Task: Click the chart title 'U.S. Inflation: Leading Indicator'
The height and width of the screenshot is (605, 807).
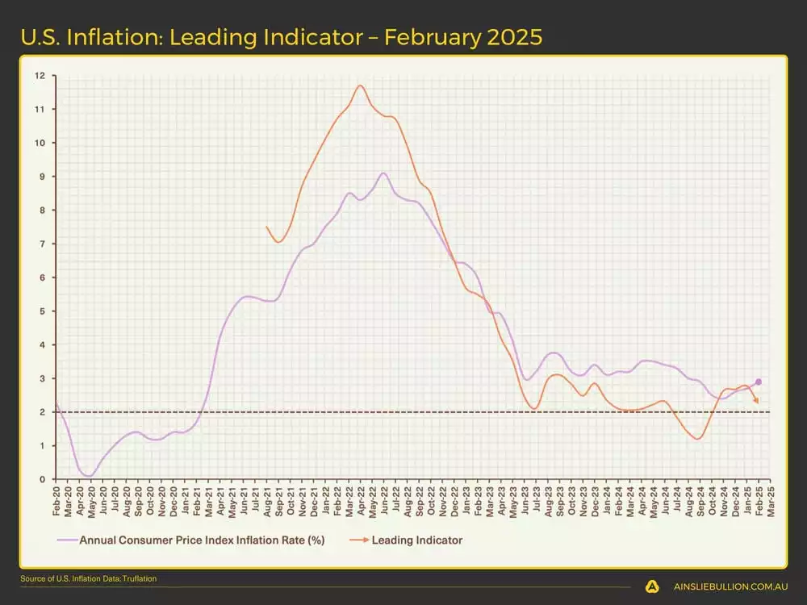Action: (x=194, y=37)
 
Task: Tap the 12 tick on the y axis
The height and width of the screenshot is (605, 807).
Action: (x=40, y=75)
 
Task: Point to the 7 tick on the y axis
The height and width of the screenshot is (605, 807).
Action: (x=42, y=244)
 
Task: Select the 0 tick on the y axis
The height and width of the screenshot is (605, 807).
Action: (x=42, y=479)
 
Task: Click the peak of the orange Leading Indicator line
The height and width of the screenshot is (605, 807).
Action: (x=360, y=86)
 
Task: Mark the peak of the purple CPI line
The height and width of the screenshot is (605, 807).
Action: (x=383, y=173)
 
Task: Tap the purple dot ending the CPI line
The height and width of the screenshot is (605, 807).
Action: (x=758, y=382)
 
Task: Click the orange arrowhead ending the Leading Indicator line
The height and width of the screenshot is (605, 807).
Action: (x=756, y=400)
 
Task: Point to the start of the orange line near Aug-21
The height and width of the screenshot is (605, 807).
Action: (x=266, y=227)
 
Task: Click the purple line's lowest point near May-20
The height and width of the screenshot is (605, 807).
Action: (x=89, y=476)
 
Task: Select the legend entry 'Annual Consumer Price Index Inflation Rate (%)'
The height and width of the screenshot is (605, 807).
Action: (x=202, y=540)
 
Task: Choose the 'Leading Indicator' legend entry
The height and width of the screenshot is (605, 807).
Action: (x=417, y=540)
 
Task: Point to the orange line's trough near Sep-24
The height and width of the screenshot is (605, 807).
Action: (x=697, y=439)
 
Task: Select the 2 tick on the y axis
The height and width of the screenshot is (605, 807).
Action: (x=42, y=412)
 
